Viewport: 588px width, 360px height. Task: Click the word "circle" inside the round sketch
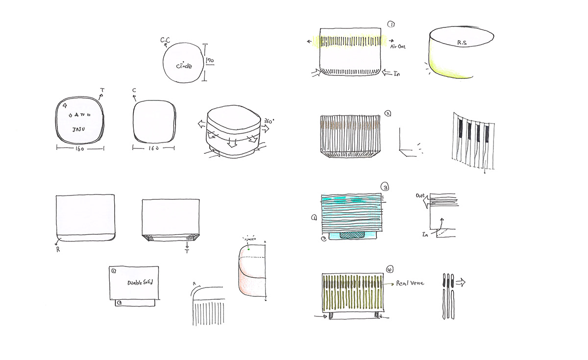coord(184,66)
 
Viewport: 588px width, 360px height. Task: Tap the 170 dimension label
coord(210,61)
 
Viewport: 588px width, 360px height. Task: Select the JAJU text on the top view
coord(80,130)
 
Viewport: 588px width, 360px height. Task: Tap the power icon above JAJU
coord(71,115)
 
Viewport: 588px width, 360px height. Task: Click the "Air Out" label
coord(398,47)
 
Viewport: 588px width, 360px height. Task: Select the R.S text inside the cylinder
coord(462,43)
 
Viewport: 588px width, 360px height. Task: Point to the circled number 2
coord(387,114)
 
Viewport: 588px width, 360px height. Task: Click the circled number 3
coord(385,187)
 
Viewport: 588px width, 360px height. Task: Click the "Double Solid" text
coord(140,283)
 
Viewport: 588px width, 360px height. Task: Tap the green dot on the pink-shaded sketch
coord(248,249)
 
